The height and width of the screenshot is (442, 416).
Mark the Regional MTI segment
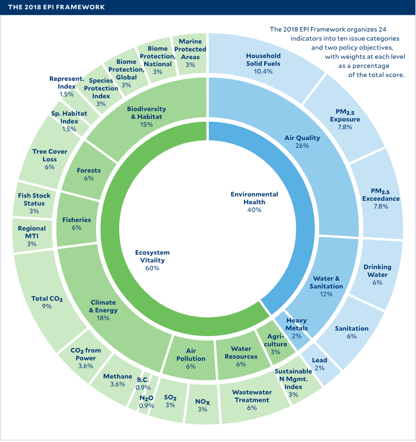(31, 236)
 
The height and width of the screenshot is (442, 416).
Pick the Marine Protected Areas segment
(190, 53)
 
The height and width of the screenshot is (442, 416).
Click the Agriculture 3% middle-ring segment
(275, 344)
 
